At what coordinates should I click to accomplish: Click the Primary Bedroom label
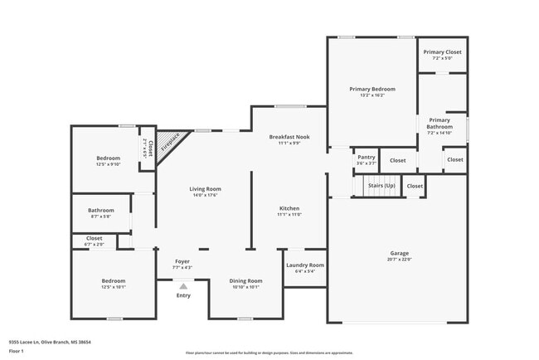[x=371, y=89]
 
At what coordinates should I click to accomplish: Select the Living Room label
[x=206, y=189]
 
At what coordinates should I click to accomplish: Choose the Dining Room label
[x=245, y=280]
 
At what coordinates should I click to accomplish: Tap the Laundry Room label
[x=304, y=265]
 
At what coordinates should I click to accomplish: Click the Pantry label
[x=366, y=156]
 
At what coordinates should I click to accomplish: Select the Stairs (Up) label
[x=381, y=186]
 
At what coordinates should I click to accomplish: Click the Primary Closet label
[x=441, y=52]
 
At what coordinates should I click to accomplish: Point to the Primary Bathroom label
[x=439, y=123]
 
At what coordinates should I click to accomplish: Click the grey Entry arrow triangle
[x=183, y=286]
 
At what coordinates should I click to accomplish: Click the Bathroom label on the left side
[x=100, y=210]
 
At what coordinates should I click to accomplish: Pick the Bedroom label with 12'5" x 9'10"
[x=108, y=158]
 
